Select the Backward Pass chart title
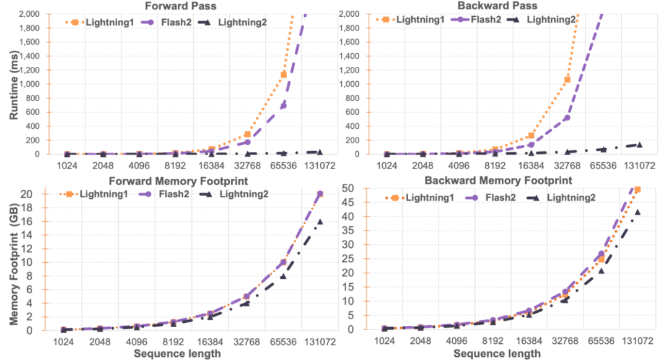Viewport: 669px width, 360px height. [497, 6]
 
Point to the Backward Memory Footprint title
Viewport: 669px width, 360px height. [497, 181]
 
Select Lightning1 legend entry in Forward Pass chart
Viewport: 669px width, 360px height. [100, 21]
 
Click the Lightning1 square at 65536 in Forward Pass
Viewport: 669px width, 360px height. [284, 74]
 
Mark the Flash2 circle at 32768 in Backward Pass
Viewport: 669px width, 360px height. [566, 118]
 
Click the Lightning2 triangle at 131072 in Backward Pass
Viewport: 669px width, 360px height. [639, 145]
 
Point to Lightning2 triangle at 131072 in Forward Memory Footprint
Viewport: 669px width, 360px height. [320, 221]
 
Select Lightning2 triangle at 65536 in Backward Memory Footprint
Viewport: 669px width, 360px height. [601, 270]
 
